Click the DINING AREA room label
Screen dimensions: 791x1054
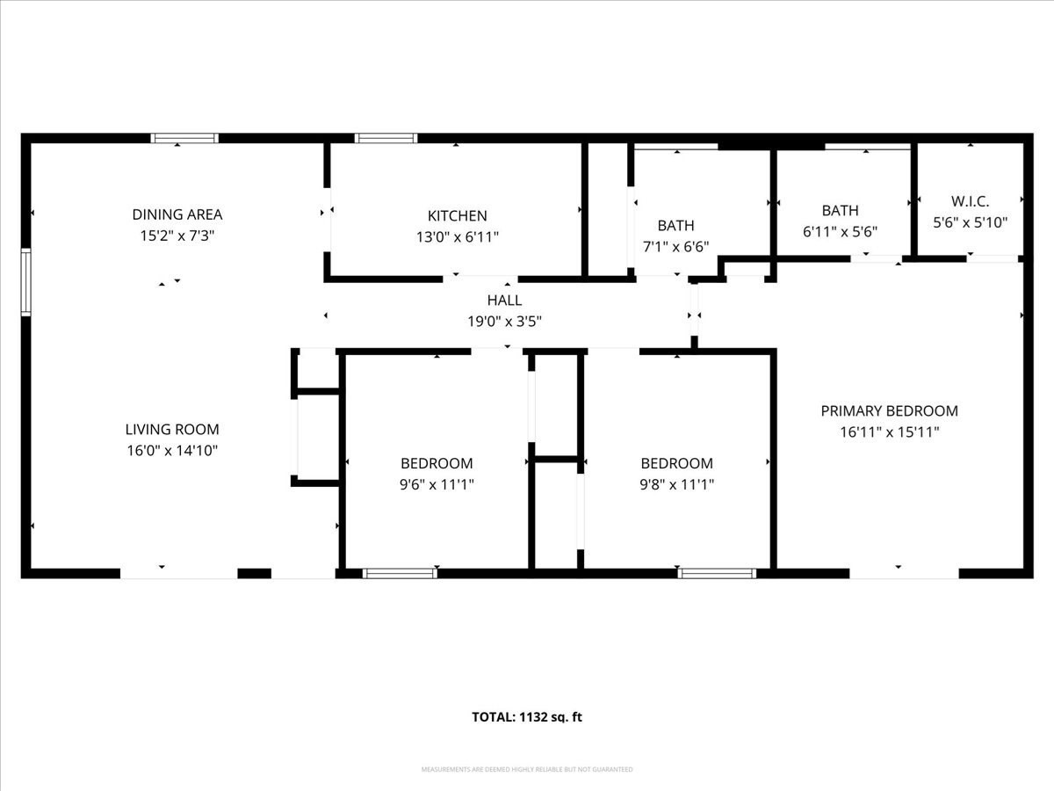coord(177,214)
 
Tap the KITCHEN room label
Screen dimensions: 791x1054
coord(457,216)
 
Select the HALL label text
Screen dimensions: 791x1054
coord(504,301)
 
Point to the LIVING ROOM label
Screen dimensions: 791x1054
coord(172,430)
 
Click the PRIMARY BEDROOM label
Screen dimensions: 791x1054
coord(889,411)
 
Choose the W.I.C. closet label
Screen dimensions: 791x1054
coord(970,201)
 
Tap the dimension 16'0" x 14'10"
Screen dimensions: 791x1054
coord(172,451)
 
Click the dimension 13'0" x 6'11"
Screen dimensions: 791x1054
coord(457,237)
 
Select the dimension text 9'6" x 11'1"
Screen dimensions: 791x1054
coord(437,484)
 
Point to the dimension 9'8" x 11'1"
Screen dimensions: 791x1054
coord(676,484)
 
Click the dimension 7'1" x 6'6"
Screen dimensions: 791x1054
coord(675,247)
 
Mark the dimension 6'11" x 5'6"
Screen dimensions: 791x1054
coord(840,232)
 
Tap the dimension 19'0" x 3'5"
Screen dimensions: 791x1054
coord(504,322)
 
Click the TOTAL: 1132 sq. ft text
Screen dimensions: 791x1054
coord(527,717)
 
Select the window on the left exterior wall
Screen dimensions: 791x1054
coord(26,282)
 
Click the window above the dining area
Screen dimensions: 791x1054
coord(184,138)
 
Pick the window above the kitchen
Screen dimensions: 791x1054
coord(386,138)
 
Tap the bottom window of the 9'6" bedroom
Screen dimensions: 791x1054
coord(400,574)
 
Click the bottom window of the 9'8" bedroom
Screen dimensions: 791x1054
coord(717,574)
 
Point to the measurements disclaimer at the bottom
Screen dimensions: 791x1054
coord(527,770)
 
